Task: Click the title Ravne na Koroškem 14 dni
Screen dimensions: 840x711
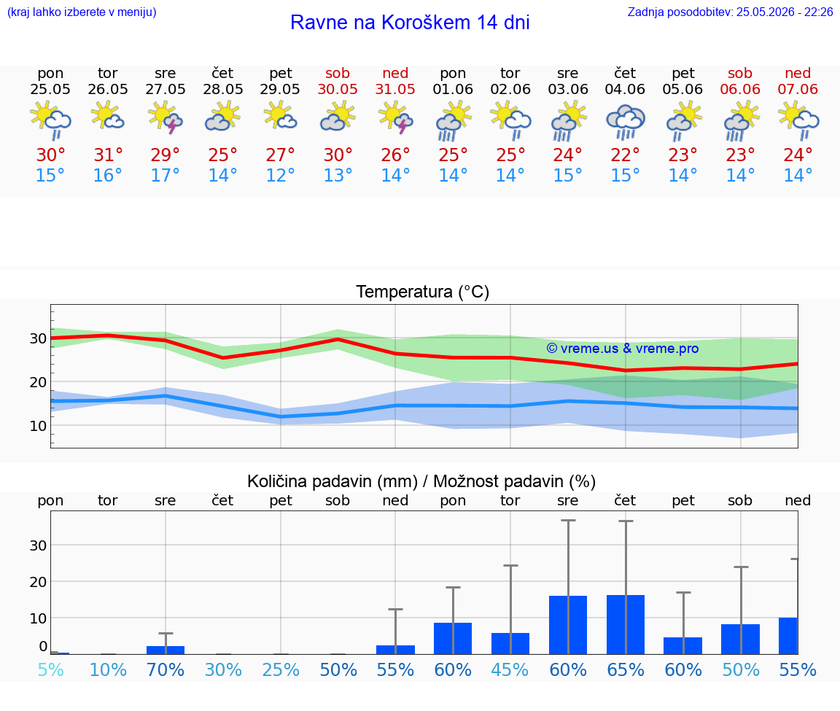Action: pyautogui.click(x=410, y=23)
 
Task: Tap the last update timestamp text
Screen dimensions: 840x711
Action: pyautogui.click(x=730, y=12)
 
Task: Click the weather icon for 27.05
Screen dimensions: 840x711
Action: pyautogui.click(x=165, y=118)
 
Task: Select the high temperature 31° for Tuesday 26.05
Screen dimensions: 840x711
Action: pyautogui.click(x=108, y=155)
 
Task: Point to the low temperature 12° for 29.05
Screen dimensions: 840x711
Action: pyautogui.click(x=280, y=175)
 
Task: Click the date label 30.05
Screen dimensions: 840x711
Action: pyautogui.click(x=338, y=89)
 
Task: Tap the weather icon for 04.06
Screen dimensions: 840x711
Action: pyautogui.click(x=625, y=121)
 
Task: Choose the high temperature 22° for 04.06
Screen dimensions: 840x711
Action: pyautogui.click(x=625, y=155)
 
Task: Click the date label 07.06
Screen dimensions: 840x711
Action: pyautogui.click(x=798, y=89)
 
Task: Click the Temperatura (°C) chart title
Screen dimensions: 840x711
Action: pyautogui.click(x=423, y=292)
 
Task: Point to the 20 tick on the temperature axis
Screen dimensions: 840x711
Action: pyautogui.click(x=38, y=382)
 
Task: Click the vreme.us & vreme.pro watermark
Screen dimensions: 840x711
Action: pyautogui.click(x=623, y=349)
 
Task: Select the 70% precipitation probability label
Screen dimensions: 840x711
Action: pyautogui.click(x=166, y=669)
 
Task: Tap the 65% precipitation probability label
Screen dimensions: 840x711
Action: pyautogui.click(x=626, y=669)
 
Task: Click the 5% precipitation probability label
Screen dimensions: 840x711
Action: pyautogui.click(x=51, y=669)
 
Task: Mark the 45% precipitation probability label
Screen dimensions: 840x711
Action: pyautogui.click(x=510, y=669)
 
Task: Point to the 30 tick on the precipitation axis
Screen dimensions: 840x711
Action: pyautogui.click(x=38, y=545)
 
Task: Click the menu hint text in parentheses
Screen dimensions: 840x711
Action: pyautogui.click(x=82, y=12)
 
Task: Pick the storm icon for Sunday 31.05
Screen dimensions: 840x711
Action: pyautogui.click(x=395, y=118)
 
